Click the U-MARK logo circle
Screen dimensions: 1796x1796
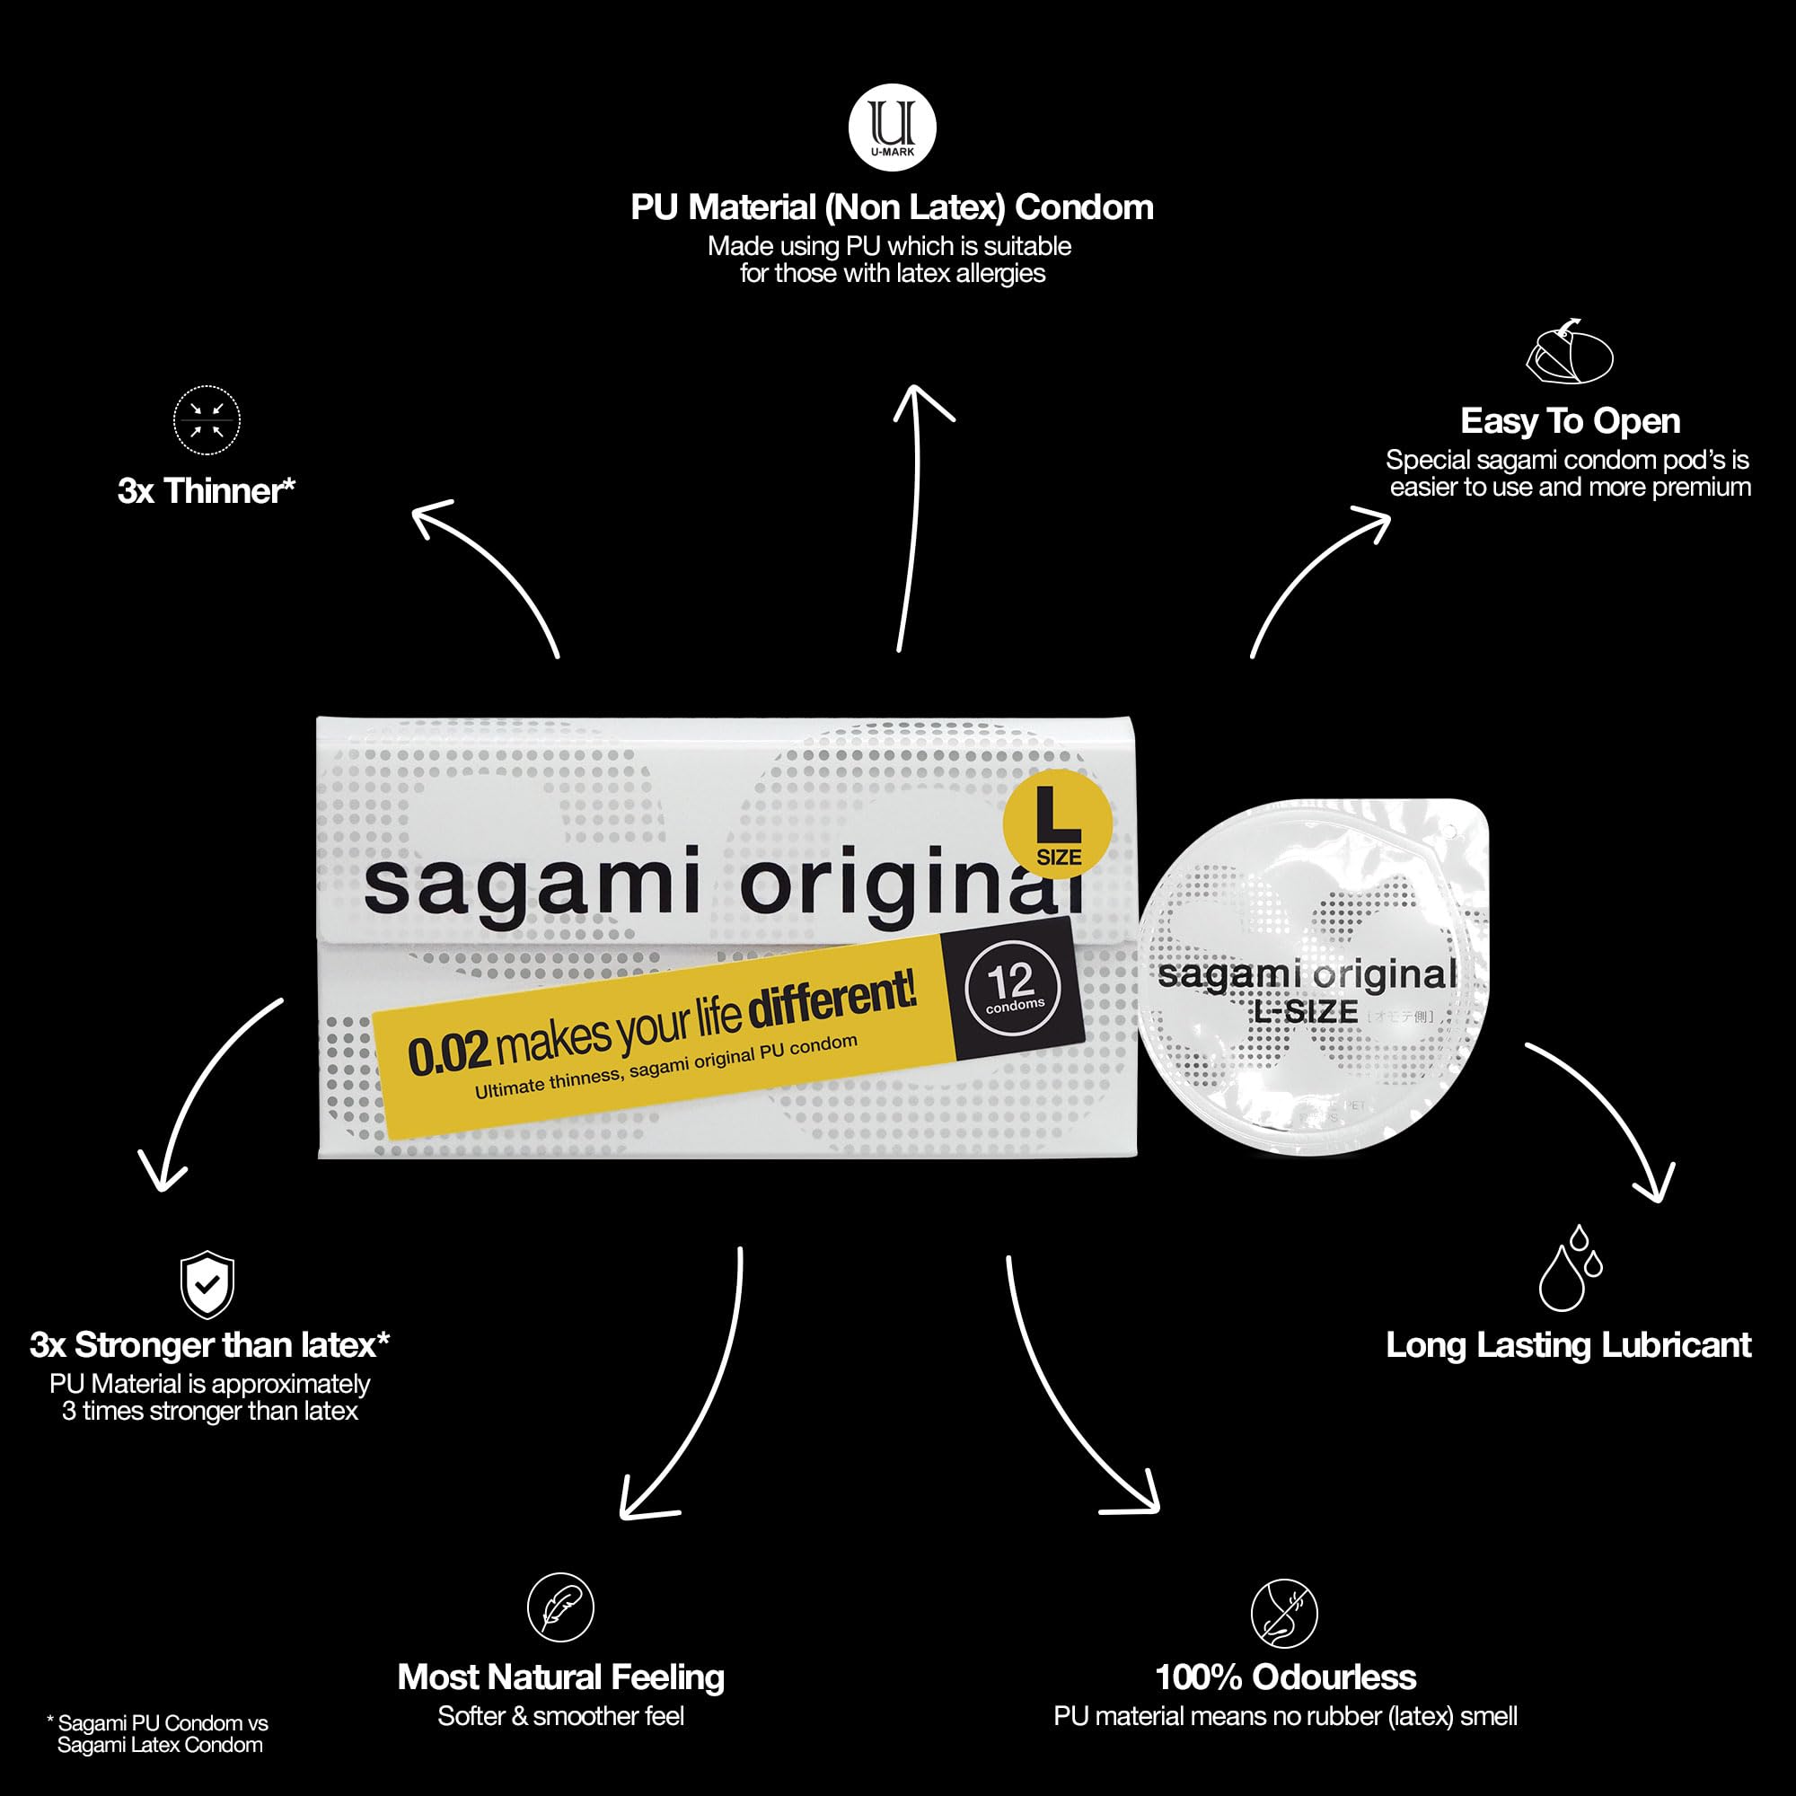click(893, 128)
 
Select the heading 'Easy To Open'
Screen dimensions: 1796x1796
click(1569, 421)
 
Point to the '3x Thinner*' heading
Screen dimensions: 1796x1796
click(207, 491)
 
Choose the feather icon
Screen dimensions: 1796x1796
click(560, 1607)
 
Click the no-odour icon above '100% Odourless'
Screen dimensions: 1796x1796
click(1284, 1612)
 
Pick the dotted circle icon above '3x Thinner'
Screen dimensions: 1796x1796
click(207, 421)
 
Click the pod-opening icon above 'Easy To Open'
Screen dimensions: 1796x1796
click(1569, 351)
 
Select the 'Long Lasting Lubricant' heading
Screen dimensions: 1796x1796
click(1568, 1345)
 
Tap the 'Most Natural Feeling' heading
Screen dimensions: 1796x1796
click(560, 1677)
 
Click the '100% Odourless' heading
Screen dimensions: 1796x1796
click(1285, 1677)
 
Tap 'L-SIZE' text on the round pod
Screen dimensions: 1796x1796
click(1306, 1011)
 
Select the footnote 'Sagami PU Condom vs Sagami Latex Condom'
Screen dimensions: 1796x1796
click(158, 1734)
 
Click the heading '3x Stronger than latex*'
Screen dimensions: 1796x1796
click(209, 1345)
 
